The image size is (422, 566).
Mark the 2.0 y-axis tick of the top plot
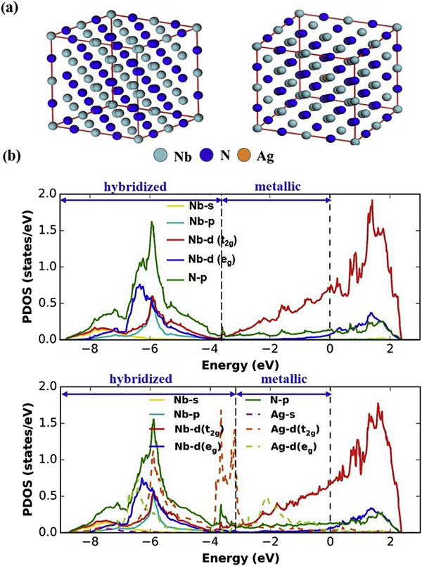click(48, 193)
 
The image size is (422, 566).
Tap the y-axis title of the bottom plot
click(16, 457)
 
